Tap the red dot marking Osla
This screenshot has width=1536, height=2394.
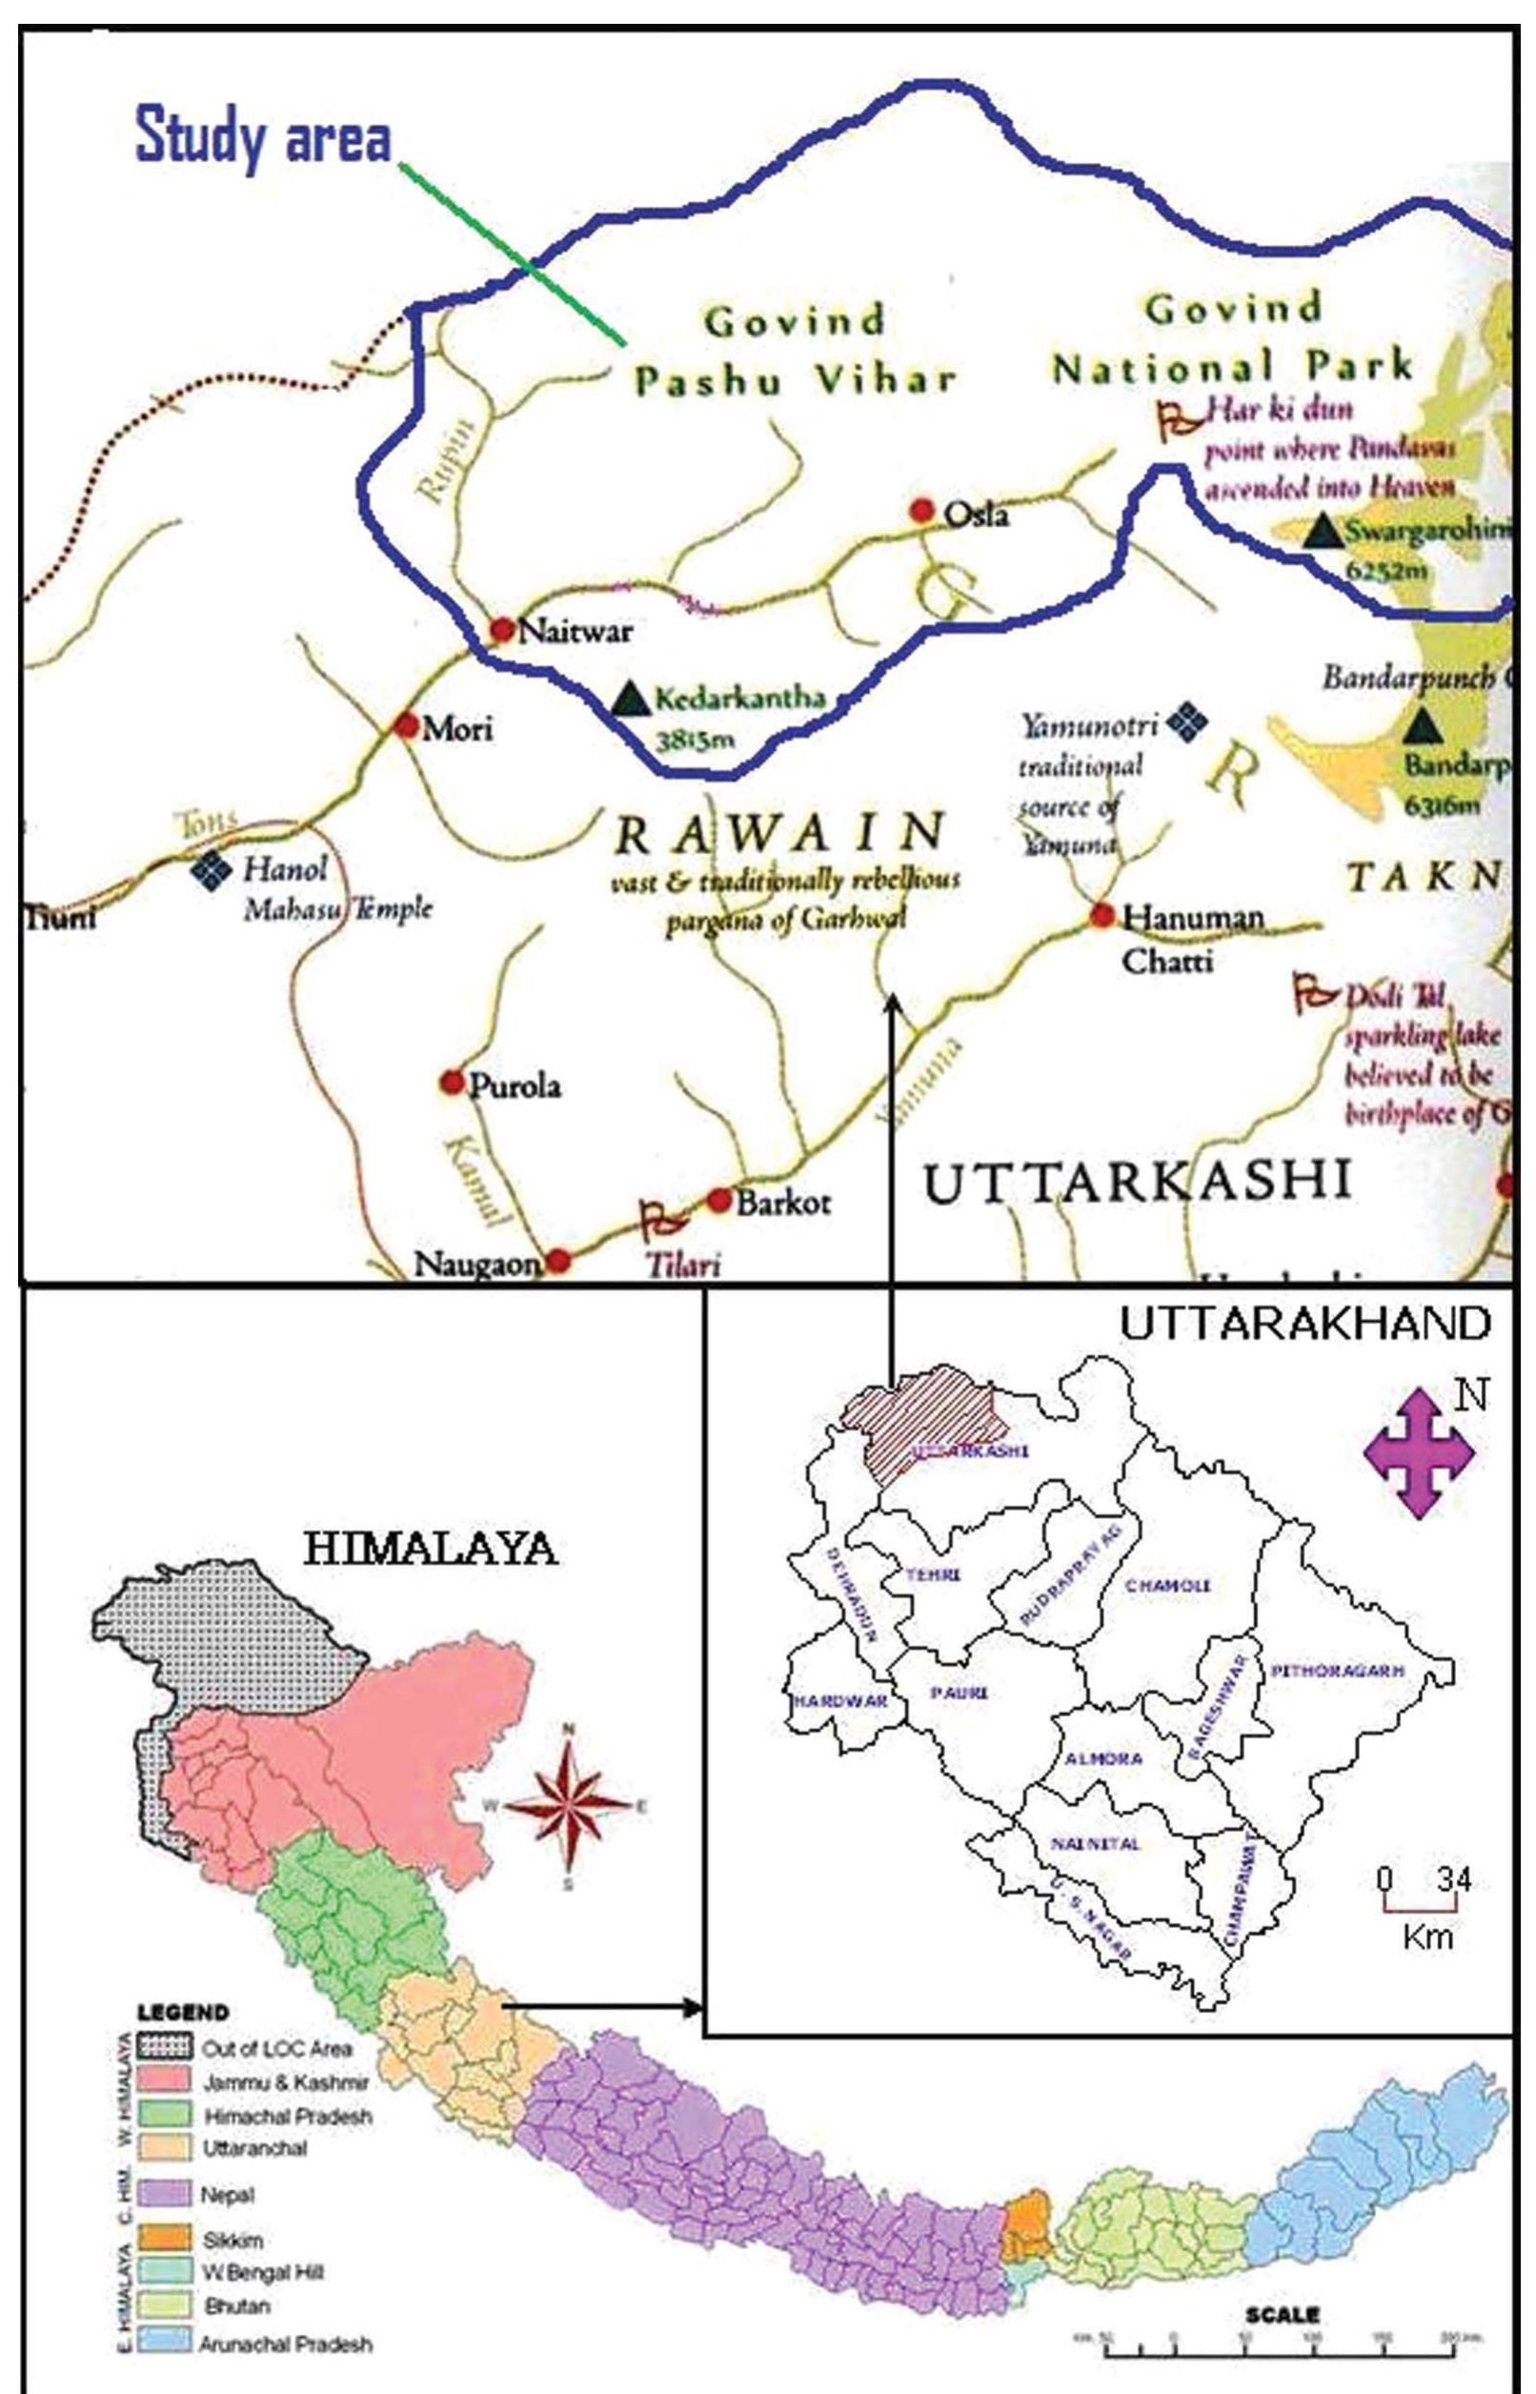[x=921, y=511]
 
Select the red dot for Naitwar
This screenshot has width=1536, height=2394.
[x=502, y=629]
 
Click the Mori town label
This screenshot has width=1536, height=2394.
[x=456, y=729]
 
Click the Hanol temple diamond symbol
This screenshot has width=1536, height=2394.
[x=212, y=870]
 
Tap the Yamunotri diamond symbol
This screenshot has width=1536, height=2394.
[x=1187, y=720]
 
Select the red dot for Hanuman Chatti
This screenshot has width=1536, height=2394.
[x=1101, y=915]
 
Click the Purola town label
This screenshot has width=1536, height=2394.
[x=515, y=1085]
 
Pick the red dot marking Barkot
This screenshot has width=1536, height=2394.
[x=719, y=1200]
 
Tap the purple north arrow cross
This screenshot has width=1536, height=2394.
[x=1417, y=1453]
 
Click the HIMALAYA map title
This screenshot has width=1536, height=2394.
[x=430, y=1549]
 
